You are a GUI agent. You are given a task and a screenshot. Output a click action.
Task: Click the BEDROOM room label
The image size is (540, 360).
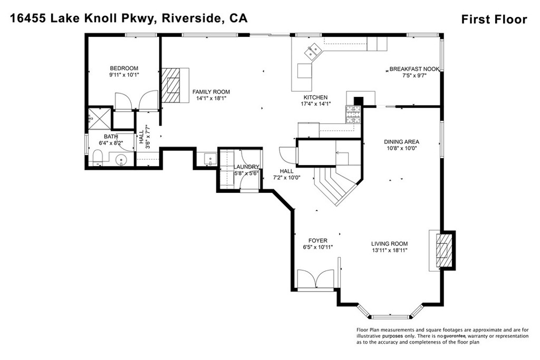pos(124,68)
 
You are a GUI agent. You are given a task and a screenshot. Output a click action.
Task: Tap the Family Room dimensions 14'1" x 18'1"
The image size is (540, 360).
pos(211,99)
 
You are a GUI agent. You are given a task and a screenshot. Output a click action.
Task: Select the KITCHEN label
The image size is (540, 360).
pos(315,98)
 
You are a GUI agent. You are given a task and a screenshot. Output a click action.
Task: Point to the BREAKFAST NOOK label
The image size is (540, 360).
pos(414,69)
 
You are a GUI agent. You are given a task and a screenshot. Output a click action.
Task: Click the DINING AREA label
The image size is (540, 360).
pos(401,142)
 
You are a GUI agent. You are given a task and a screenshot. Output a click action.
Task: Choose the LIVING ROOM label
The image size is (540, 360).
pos(389,244)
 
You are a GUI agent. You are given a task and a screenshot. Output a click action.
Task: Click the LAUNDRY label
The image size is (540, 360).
pos(247,167)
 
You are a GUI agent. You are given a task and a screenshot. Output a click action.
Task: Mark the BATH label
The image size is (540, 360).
pos(111,137)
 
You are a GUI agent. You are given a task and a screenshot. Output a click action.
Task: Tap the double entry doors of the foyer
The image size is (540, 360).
pos(315,278)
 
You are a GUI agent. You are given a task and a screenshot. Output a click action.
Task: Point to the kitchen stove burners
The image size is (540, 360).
pos(352,113)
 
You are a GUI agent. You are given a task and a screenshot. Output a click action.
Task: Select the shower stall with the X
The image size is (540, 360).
pos(98,118)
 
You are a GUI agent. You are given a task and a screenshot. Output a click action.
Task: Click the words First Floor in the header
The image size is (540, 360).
pos(494,20)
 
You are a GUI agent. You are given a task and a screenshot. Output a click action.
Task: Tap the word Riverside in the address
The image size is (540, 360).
pos(190,19)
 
